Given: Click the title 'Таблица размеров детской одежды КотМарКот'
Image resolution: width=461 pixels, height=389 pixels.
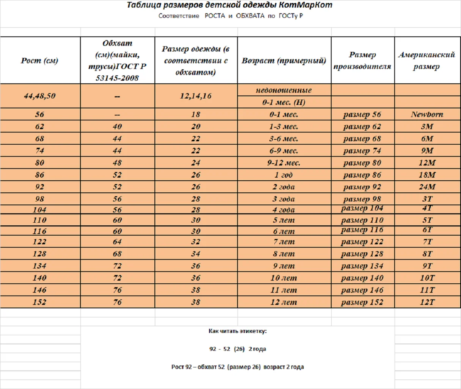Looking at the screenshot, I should pyautogui.click(x=230, y=5).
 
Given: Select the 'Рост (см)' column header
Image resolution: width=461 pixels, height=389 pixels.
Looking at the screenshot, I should pyautogui.click(x=39, y=61).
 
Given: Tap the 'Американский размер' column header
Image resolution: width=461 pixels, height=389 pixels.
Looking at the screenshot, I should pyautogui.click(x=426, y=61).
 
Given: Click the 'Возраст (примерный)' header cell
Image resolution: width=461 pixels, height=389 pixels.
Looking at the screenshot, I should pyautogui.click(x=284, y=61).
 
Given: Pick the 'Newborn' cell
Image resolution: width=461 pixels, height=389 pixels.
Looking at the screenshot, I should pyautogui.click(x=427, y=114).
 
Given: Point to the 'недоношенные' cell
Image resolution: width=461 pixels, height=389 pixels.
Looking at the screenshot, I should pyautogui.click(x=284, y=90).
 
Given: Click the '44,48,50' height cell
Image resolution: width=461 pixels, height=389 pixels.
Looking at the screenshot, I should pyautogui.click(x=39, y=96).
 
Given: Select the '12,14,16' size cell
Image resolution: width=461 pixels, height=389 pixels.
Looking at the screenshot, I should pyautogui.click(x=195, y=96).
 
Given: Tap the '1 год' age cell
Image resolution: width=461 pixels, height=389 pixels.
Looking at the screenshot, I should pyautogui.click(x=284, y=175).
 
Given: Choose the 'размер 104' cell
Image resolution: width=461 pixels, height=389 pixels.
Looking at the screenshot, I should pyautogui.click(x=362, y=208).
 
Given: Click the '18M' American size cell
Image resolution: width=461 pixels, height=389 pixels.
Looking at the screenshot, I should pyautogui.click(x=427, y=175).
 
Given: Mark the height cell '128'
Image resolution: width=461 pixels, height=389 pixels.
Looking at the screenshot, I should pyautogui.click(x=39, y=254).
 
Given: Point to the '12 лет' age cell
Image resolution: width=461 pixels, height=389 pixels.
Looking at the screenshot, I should pyautogui.click(x=284, y=302).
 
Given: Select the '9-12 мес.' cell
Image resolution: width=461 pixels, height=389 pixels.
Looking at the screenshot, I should pyautogui.click(x=284, y=163).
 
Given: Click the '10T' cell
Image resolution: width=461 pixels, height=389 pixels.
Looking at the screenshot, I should pyautogui.click(x=427, y=278).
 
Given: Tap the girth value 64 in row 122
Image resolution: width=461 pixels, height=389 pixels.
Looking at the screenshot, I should pyautogui.click(x=117, y=242).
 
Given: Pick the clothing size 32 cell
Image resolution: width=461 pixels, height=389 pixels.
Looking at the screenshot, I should pyautogui.click(x=195, y=242).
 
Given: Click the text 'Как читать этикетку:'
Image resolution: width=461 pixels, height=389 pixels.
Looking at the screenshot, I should pyautogui.click(x=238, y=331).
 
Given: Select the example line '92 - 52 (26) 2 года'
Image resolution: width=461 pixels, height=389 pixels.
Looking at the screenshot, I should pyautogui.click(x=238, y=349).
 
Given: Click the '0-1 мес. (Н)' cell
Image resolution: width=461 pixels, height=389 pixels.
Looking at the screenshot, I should pyautogui.click(x=284, y=102).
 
